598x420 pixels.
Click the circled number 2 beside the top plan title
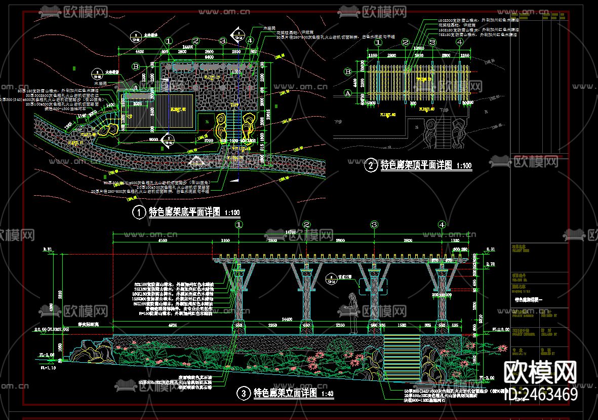click(371, 165)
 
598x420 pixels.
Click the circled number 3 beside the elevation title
click(244, 393)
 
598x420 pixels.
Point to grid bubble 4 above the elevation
click(443, 224)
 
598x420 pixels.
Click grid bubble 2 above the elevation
click(306, 224)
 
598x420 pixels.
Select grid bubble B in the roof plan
click(347, 72)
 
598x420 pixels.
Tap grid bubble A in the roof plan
click(347, 93)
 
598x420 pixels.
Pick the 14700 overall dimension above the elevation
click(291, 231)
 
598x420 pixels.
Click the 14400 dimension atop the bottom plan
click(188, 47)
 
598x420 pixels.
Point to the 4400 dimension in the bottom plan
click(139, 52)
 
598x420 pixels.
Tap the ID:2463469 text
click(539, 394)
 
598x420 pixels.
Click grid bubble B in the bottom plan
click(135, 66)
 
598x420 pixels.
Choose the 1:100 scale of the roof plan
click(464, 166)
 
